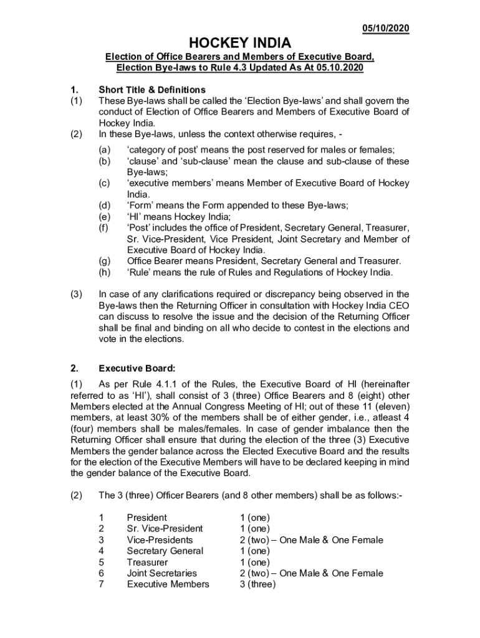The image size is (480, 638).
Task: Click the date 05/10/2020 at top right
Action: click(x=386, y=29)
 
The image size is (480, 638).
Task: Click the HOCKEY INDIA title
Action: click(x=239, y=43)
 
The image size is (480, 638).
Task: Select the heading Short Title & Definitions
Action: click(x=152, y=90)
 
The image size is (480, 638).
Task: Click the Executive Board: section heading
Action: click(x=137, y=368)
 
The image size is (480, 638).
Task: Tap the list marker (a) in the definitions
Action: click(x=105, y=150)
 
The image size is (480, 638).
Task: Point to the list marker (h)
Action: click(x=105, y=272)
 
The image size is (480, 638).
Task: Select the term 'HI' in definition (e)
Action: click(x=135, y=217)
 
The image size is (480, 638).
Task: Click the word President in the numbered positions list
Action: click(x=147, y=517)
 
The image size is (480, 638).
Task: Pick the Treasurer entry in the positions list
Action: click(x=147, y=562)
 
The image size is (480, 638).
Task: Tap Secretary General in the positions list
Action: click(x=165, y=551)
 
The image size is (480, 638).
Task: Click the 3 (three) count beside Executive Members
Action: click(x=257, y=584)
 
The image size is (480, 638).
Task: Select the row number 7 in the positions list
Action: click(x=102, y=584)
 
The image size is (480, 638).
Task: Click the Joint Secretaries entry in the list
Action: click(x=161, y=573)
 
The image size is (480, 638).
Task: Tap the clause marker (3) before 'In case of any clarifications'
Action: click(x=76, y=294)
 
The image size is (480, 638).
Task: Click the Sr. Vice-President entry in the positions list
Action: click(x=165, y=528)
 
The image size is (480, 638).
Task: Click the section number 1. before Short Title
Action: click(x=74, y=90)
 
